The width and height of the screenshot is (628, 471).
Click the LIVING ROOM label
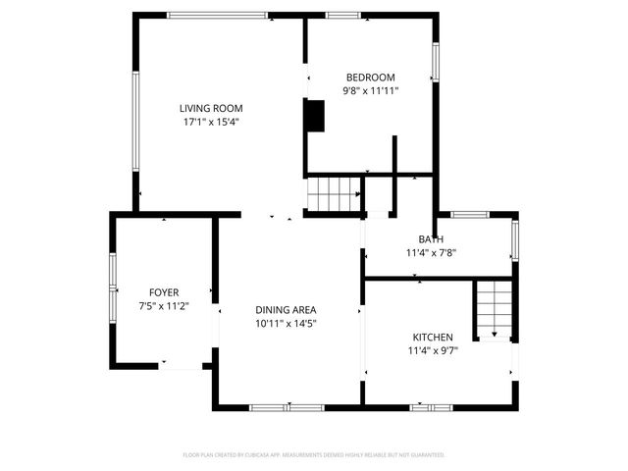(x=211, y=108)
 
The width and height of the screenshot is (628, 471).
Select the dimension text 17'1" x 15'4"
(x=211, y=123)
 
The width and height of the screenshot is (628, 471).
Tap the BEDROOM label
(x=370, y=78)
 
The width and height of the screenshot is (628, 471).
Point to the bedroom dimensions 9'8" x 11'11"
(x=370, y=91)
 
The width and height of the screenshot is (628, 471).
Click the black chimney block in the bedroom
(x=315, y=116)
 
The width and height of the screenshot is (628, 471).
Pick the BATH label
(x=431, y=239)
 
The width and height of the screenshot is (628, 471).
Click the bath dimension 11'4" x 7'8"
(x=431, y=252)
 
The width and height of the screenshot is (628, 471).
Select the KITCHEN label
(x=432, y=337)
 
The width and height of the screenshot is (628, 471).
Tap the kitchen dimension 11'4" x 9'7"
(x=432, y=350)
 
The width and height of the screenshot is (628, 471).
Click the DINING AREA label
(x=286, y=309)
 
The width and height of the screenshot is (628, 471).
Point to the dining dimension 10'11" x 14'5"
(x=286, y=323)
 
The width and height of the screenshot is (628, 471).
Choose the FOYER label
(x=163, y=292)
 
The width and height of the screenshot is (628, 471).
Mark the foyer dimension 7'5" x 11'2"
(x=163, y=306)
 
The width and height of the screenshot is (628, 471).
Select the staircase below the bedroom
(x=334, y=193)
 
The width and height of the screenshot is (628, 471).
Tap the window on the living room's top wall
(x=217, y=15)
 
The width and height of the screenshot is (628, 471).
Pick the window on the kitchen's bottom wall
(x=431, y=406)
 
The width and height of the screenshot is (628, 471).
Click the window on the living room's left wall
(x=135, y=121)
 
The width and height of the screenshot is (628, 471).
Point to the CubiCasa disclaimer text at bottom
(x=314, y=455)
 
